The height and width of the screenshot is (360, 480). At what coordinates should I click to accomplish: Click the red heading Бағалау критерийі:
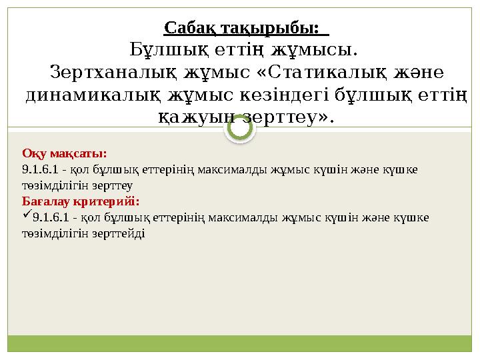[81, 200]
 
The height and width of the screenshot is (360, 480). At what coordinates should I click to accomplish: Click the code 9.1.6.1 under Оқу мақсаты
[40, 169]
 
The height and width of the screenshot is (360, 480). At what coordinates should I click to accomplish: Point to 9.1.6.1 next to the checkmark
[51, 217]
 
